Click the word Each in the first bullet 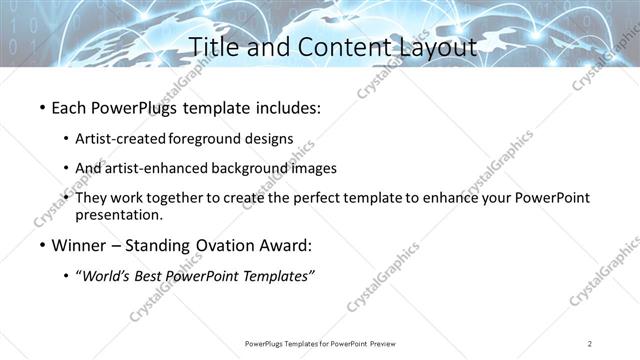point(69,105)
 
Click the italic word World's point(110,276)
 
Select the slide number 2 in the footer point(590,344)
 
